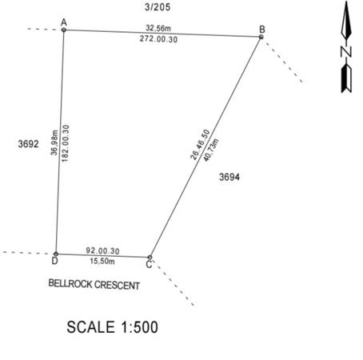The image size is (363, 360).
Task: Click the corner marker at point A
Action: click(64, 30)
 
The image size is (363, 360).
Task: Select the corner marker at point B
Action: click(261, 37)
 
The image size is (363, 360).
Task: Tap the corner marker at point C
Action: click(150, 258)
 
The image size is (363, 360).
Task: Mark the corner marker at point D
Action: click(56, 254)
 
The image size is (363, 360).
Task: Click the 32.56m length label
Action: click(158, 28)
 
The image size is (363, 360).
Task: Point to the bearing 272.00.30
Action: click(158, 39)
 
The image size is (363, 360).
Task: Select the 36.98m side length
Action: click(54, 142)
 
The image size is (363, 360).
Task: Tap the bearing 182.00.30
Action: click(66, 143)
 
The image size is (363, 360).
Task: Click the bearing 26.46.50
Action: click(200, 145)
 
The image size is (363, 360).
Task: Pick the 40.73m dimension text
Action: click(211, 150)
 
